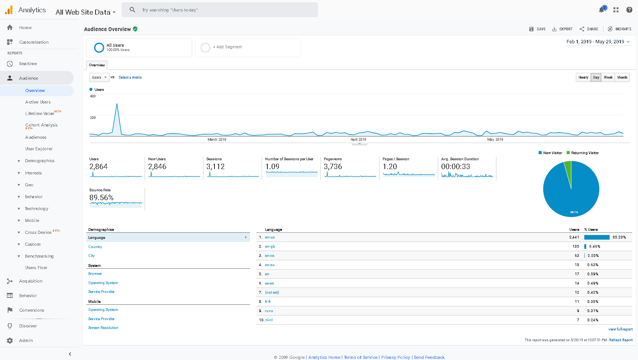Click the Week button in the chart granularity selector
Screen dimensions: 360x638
(608, 77)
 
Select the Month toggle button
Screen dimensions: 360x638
(622, 77)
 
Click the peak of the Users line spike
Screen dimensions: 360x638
(117, 104)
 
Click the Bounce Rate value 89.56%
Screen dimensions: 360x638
(101, 198)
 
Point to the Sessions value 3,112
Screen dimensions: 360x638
(216, 167)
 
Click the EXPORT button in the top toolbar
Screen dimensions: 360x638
(562, 29)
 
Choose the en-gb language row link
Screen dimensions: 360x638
(270, 247)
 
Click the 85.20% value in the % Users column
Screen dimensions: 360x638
(619, 237)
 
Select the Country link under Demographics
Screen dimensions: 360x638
(95, 247)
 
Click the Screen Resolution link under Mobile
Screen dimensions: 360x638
(103, 328)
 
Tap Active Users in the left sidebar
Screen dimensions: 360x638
(38, 102)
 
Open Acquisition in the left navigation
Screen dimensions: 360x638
(31, 281)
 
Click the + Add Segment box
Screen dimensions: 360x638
(248, 47)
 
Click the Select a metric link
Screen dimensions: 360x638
(130, 77)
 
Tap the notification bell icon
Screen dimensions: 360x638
(601, 10)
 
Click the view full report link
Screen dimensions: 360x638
(620, 329)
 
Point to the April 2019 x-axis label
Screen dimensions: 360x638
(358, 140)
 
